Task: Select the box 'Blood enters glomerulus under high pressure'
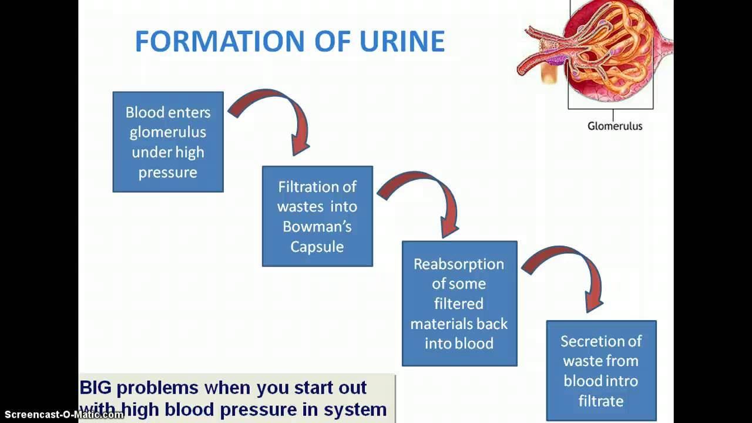[168, 142]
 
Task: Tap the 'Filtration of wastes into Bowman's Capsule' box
[317, 216]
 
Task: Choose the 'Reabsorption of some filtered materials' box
[459, 303]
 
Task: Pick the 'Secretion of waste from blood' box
[601, 370]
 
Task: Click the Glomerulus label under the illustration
[615, 126]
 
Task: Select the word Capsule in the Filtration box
[317, 246]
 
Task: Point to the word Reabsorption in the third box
[459, 264]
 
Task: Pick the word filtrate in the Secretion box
[600, 401]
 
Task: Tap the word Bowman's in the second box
[317, 226]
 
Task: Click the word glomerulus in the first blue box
[168, 132]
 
